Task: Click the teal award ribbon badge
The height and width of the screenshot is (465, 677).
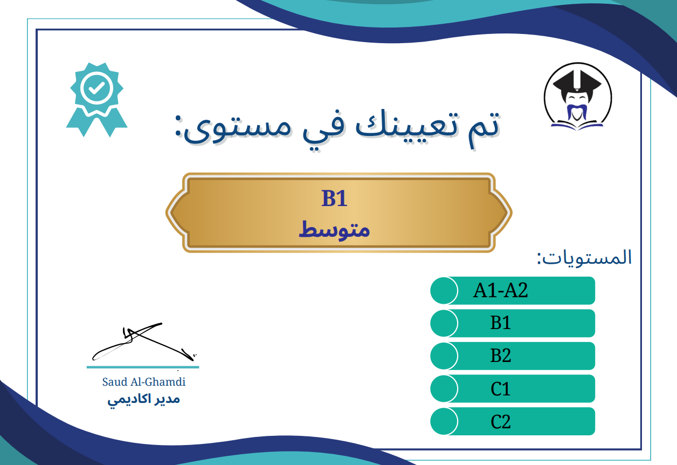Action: [96, 100]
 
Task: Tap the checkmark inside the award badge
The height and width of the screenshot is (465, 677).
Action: [96, 88]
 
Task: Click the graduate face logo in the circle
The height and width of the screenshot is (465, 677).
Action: [578, 97]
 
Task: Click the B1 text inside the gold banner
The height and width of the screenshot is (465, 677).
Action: [334, 199]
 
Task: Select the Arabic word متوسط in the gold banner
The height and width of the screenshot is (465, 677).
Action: [334, 230]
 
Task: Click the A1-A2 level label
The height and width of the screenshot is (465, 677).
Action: [500, 290]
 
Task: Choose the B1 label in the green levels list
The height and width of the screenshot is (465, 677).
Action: [501, 323]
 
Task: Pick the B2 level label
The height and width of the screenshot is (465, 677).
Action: [501, 355]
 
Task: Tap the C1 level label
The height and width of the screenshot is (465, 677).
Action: [501, 388]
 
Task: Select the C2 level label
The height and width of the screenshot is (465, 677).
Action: [501, 421]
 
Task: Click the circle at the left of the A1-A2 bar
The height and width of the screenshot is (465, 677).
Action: [444, 290]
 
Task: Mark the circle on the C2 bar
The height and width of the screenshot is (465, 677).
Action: [444, 421]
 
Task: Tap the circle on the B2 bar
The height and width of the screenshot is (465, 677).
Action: [444, 356]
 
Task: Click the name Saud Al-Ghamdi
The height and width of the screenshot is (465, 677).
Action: [144, 382]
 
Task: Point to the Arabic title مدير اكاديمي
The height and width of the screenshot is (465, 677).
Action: [144, 400]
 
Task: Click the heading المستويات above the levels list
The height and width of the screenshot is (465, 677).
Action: [584, 258]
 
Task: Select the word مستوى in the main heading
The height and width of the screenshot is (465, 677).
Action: [233, 129]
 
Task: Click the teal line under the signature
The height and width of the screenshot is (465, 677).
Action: [143, 367]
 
